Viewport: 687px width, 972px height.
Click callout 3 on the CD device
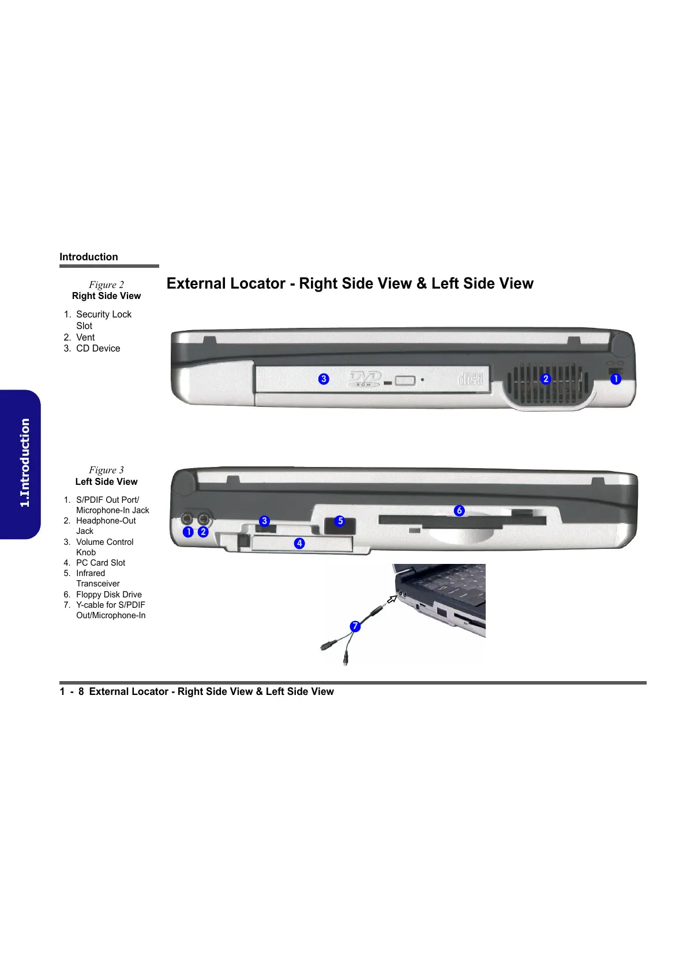pyautogui.click(x=324, y=379)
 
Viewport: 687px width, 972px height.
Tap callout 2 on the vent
pyautogui.click(x=546, y=379)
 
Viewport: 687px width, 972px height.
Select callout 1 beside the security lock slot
pyautogui.click(x=615, y=379)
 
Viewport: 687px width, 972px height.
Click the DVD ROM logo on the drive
pyautogui.click(x=365, y=379)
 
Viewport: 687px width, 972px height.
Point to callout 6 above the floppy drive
pyautogui.click(x=459, y=510)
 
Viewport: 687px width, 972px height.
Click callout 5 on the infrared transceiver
pyautogui.click(x=340, y=521)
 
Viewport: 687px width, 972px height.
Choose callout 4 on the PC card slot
pyautogui.click(x=299, y=543)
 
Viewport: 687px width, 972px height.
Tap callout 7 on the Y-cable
pyautogui.click(x=355, y=626)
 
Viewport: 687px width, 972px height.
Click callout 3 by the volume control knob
pyautogui.click(x=265, y=521)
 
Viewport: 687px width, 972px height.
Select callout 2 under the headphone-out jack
pyautogui.click(x=203, y=532)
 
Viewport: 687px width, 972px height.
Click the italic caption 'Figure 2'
pyautogui.click(x=106, y=285)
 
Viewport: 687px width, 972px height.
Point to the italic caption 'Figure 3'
pyautogui.click(x=106, y=470)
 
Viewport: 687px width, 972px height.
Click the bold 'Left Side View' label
pyautogui.click(x=106, y=481)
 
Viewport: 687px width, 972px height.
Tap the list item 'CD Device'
pyautogui.click(x=98, y=349)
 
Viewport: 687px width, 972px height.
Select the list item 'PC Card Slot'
pyautogui.click(x=100, y=563)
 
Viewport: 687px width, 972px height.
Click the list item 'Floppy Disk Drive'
pyautogui.click(x=108, y=595)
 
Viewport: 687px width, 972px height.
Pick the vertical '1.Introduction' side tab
pyautogui.click(x=24, y=463)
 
